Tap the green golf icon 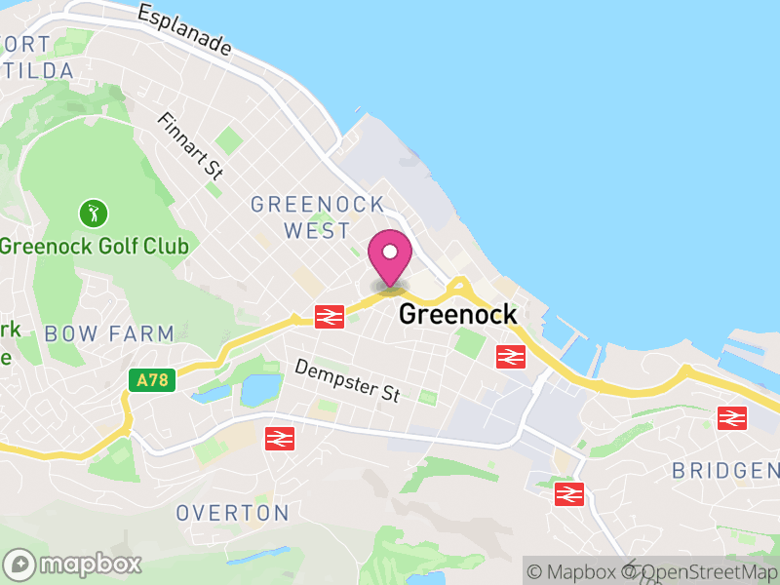[x=95, y=212]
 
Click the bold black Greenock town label [x=457, y=314]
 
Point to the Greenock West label [x=317, y=217]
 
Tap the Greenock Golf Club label [x=95, y=245]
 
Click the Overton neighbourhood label [x=232, y=513]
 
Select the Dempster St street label [x=348, y=381]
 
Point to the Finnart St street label [x=191, y=145]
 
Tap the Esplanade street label [x=184, y=30]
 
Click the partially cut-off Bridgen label [x=725, y=471]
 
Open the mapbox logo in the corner [x=74, y=564]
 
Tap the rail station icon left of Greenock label [x=329, y=316]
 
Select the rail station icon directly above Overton [x=280, y=439]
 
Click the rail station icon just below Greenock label [x=510, y=357]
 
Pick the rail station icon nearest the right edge [x=731, y=418]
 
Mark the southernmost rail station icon [x=568, y=493]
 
